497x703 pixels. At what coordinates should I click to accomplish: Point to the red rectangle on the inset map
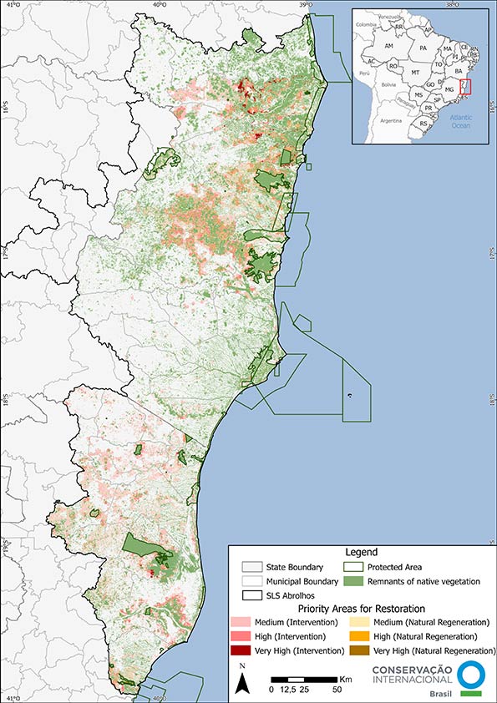tap(465, 86)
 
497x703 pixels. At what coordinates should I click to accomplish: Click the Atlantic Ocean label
tap(460, 122)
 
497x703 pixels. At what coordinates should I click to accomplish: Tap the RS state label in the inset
tap(423, 124)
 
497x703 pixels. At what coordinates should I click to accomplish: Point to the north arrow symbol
tap(241, 683)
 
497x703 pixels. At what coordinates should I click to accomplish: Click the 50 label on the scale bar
tap(337, 690)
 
